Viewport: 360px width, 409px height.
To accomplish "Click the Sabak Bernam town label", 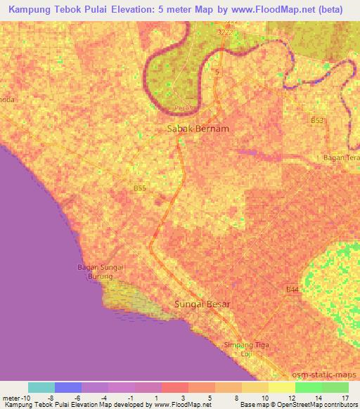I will (x=198, y=129).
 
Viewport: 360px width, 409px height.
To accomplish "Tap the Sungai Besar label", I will (x=202, y=304).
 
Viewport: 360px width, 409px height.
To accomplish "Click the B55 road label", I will (x=140, y=188).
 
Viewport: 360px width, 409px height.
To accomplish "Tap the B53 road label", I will (x=317, y=121).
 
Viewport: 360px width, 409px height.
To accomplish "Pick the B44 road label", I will (x=292, y=290).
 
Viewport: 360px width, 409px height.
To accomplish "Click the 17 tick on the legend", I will (x=344, y=397).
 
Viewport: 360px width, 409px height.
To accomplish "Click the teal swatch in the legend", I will (x=41, y=387).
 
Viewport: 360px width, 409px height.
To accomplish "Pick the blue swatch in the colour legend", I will (x=68, y=387).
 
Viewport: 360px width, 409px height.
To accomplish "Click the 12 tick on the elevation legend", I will (x=291, y=397).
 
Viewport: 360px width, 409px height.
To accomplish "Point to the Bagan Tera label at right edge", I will (x=340, y=158).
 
